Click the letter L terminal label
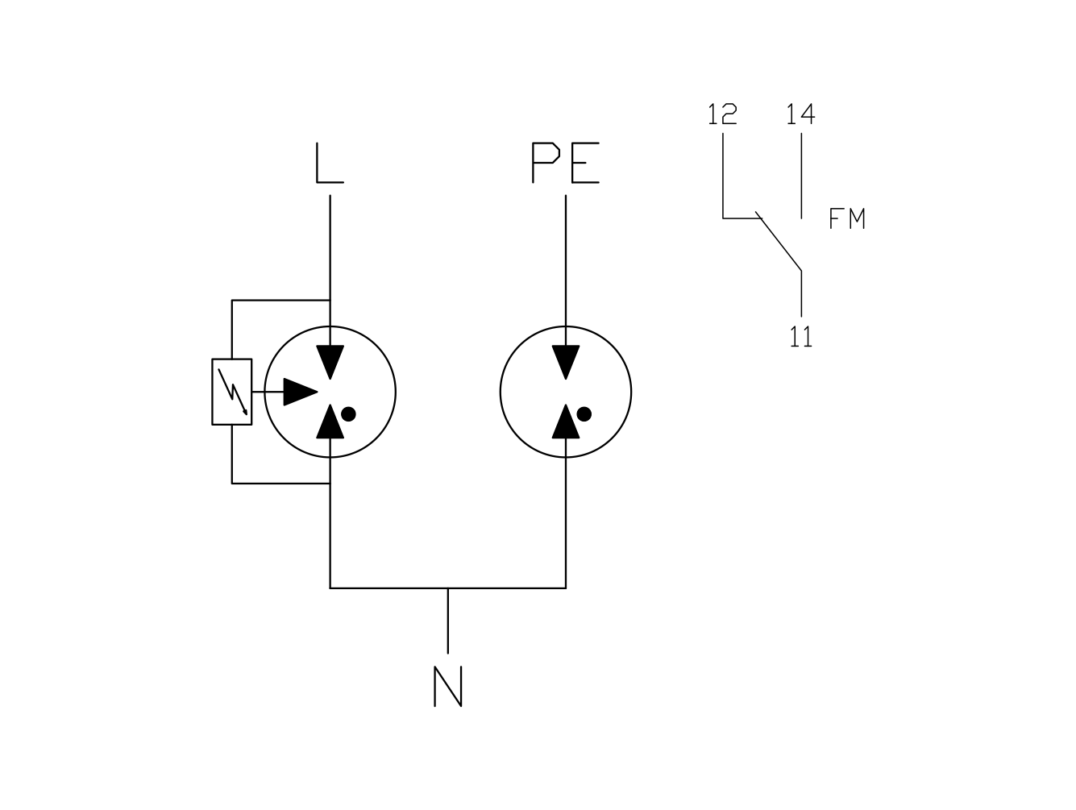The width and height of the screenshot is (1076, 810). coord(330,163)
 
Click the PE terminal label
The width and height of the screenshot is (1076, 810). coord(566,163)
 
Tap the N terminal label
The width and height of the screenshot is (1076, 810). coord(447,686)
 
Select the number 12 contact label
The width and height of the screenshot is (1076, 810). coord(722,114)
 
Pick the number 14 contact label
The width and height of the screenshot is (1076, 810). coord(800,114)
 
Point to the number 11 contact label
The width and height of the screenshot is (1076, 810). coord(800,337)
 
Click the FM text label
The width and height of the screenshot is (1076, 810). coord(846,218)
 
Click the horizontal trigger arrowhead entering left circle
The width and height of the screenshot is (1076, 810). coord(301,392)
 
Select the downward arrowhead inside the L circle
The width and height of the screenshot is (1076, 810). coord(330,360)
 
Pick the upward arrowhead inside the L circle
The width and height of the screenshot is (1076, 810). coord(330,423)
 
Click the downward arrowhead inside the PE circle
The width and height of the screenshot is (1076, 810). coord(566,360)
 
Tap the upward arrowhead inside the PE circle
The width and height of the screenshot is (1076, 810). coord(566,423)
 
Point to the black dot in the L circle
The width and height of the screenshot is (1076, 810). coord(348,414)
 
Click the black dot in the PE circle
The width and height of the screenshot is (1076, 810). coord(584,414)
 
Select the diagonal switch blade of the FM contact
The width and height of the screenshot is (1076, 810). coord(779,241)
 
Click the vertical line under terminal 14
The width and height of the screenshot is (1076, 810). coord(801,176)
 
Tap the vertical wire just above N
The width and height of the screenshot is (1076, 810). coord(447,621)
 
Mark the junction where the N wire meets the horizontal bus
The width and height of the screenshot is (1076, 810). coord(447,588)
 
